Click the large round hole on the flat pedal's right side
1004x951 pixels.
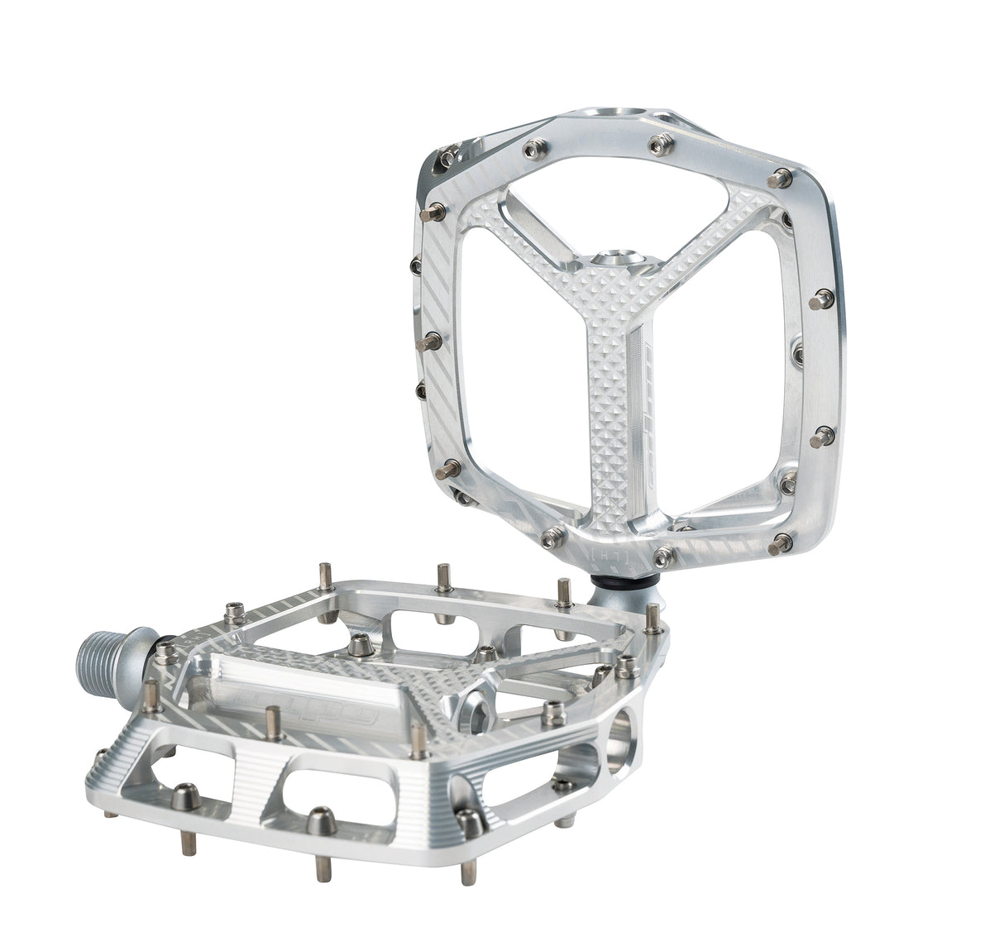coord(621,741)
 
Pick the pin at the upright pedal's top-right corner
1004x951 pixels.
coord(778,178)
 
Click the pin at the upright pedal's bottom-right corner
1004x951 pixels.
coord(778,543)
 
